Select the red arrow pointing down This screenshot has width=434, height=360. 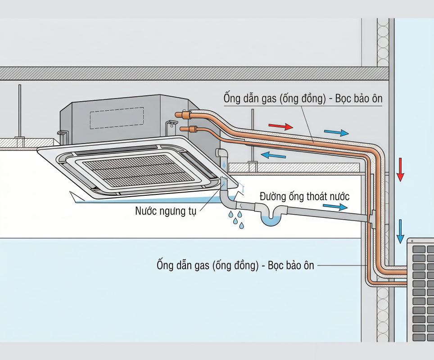pos(400,170)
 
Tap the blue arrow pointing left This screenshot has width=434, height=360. pos(273,155)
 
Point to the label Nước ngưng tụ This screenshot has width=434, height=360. pos(165,211)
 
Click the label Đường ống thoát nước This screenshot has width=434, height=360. pos(304,197)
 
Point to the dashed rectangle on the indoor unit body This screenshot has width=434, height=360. pos(117,118)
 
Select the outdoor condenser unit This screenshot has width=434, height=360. pos(420,290)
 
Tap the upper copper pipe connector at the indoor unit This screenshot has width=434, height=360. pos(185,115)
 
